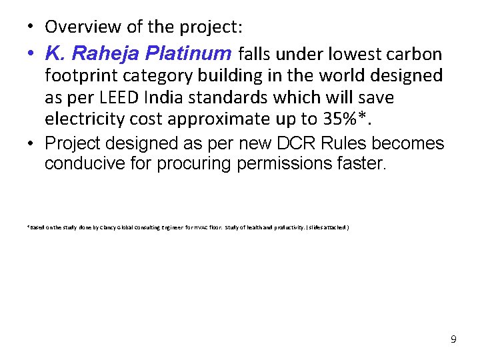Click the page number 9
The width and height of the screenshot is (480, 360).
(x=453, y=339)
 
